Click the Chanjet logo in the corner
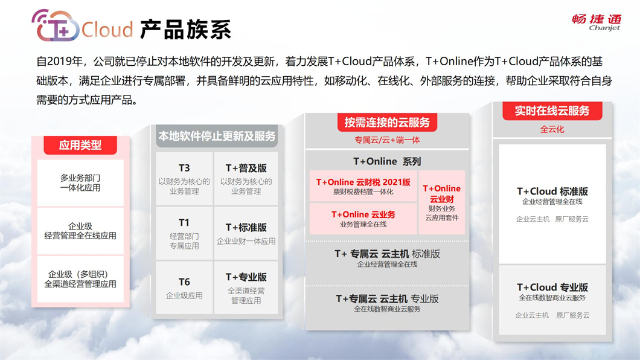(x=596, y=22)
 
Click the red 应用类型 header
(x=80, y=145)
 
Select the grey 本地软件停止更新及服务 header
(x=217, y=136)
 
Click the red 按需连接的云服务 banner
(x=387, y=122)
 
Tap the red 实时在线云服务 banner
(x=552, y=111)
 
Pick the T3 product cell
(x=184, y=179)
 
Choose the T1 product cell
(x=184, y=233)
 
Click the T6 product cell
(x=184, y=288)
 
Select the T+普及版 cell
(x=246, y=179)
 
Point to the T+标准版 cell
(x=246, y=233)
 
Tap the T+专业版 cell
(x=246, y=288)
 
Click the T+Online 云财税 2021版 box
(x=363, y=186)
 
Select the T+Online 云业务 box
(x=363, y=219)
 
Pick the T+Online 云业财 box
(x=441, y=202)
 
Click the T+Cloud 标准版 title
(x=552, y=191)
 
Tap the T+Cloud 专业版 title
(x=552, y=288)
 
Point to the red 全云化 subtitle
(x=552, y=129)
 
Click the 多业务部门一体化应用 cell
(x=80, y=183)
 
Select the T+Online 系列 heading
(x=387, y=161)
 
